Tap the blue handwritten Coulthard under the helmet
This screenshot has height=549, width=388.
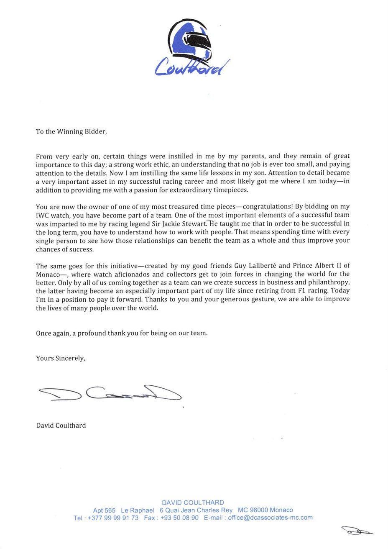tap(192, 65)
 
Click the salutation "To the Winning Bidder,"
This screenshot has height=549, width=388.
tap(71, 131)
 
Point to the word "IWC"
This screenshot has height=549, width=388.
tap(43, 215)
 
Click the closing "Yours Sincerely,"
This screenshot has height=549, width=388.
tap(61, 358)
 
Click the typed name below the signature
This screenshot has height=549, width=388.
tap(61, 425)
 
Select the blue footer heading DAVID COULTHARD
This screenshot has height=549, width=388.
tap(193, 502)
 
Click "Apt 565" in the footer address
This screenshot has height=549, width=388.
tap(104, 510)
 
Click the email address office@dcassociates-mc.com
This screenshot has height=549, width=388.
tap(270, 518)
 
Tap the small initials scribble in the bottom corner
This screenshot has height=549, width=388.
tap(357, 531)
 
